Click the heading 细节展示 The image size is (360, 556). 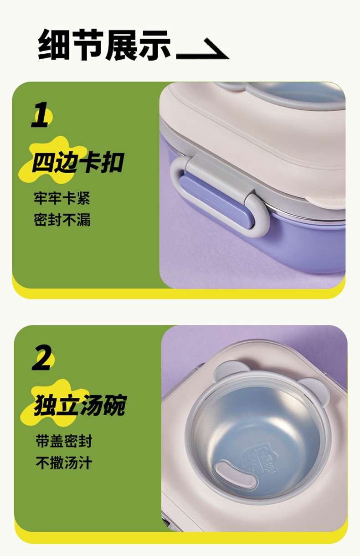(104, 45)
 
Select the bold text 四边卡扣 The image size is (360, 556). (78, 162)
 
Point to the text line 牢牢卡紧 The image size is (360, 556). (62, 198)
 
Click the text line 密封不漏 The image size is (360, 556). (62, 219)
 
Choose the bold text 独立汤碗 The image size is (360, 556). (80, 405)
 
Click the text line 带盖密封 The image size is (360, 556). (64, 441)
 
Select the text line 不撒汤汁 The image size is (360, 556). (64, 463)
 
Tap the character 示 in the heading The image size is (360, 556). (155, 46)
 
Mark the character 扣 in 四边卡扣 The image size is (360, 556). (112, 162)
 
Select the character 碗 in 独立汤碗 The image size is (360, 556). (115, 405)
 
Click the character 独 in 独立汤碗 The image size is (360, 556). (45, 405)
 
